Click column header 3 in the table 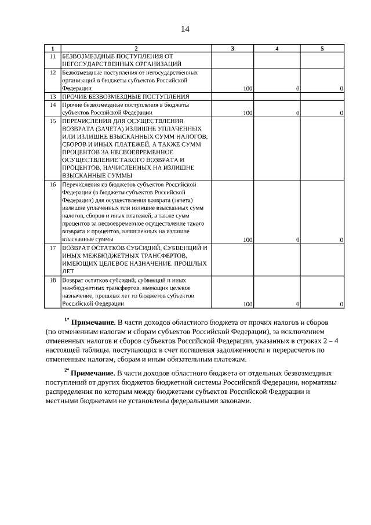tap(232, 49)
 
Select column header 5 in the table tap(322, 49)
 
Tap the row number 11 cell tap(52, 56)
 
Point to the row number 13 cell tap(52, 96)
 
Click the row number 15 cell tap(52, 121)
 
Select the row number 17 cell tap(52, 248)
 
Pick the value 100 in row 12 tap(248, 88)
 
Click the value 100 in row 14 tap(248, 113)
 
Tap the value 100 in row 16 tap(248, 239)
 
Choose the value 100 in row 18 tap(248, 303)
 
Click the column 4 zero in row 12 tap(297, 88)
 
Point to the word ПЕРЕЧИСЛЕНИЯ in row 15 tap(86, 121)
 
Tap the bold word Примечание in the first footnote tap(93, 322)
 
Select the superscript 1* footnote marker tap(66, 320)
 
